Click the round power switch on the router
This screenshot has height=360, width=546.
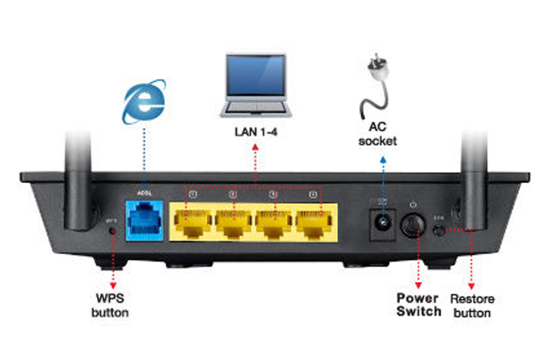[x=413, y=225]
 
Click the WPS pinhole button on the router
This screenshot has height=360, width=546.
[x=114, y=231]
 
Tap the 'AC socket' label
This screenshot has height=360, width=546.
[x=383, y=134]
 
